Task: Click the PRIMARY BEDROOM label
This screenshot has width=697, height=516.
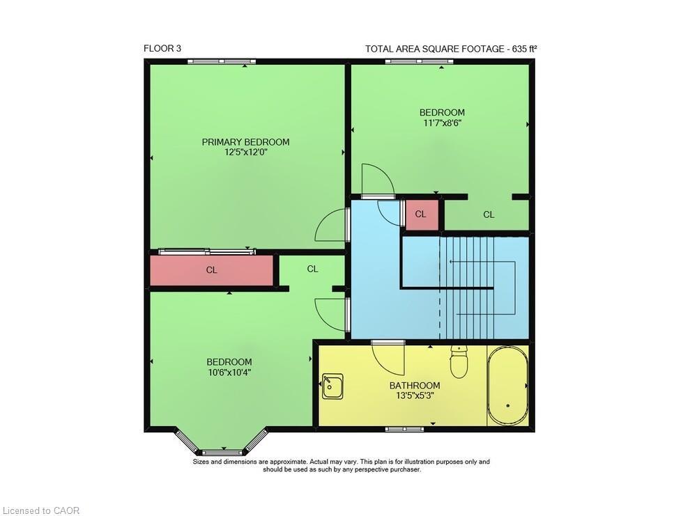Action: click(x=245, y=142)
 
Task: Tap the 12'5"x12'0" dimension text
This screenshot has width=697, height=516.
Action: click(x=246, y=153)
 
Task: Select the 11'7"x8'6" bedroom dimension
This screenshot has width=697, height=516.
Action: click(x=442, y=123)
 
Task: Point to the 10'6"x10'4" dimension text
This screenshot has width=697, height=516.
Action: click(x=229, y=372)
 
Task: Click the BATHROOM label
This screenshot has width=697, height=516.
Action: click(x=415, y=386)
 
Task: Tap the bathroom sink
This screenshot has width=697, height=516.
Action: click(x=332, y=386)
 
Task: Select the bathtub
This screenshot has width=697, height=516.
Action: click(x=507, y=386)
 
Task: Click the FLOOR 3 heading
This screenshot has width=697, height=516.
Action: click(x=162, y=49)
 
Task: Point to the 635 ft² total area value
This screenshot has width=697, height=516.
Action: click(x=525, y=49)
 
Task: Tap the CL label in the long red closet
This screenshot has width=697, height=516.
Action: click(x=212, y=270)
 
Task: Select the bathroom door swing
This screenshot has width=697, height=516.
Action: click(x=388, y=358)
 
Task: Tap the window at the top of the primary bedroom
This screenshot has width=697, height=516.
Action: click(x=222, y=62)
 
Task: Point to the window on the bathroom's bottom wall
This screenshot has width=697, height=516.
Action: click(x=404, y=429)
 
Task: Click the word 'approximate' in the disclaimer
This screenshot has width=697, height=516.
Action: click(x=282, y=462)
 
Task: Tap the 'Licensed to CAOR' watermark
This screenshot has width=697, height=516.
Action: click(x=40, y=510)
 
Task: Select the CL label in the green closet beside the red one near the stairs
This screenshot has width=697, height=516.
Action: click(x=489, y=215)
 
